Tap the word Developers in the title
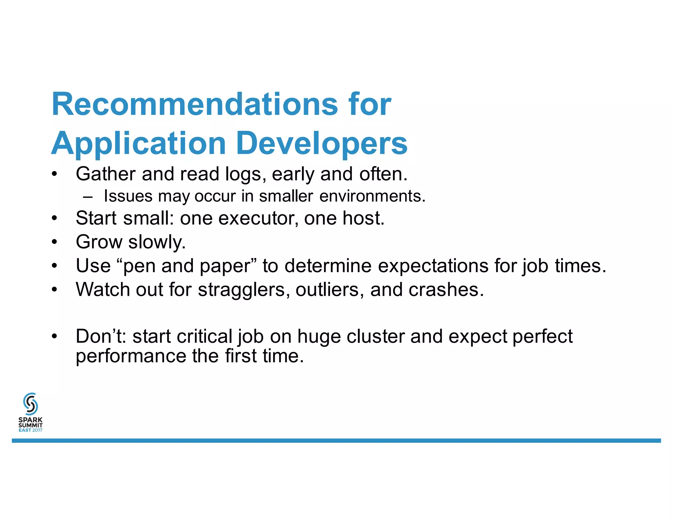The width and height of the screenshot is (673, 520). click(x=322, y=144)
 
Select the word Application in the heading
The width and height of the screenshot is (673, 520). click(x=138, y=144)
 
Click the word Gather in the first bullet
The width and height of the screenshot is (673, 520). click(x=105, y=174)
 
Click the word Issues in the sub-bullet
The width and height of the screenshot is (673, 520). click(x=128, y=196)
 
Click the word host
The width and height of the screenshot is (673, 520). click(x=363, y=218)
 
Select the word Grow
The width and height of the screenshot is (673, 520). click(x=99, y=242)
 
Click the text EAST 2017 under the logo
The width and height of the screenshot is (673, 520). click(x=31, y=430)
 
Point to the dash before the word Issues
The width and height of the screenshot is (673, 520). click(x=88, y=197)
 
